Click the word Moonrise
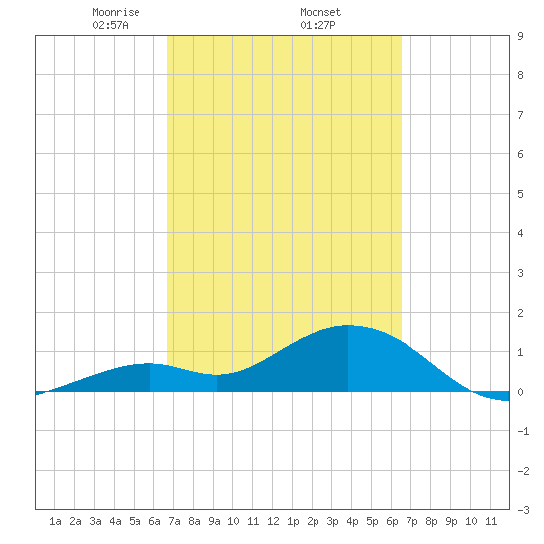click(x=116, y=12)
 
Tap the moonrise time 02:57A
click(x=110, y=25)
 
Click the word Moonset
click(x=320, y=12)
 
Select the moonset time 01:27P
click(x=317, y=25)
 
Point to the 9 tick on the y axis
click(x=520, y=36)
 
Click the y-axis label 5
click(x=520, y=194)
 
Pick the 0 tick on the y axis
click(x=520, y=392)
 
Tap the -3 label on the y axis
click(x=523, y=510)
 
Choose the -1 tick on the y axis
click(x=523, y=431)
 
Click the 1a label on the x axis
click(x=55, y=521)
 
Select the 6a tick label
click(x=154, y=521)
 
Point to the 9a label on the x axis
click(x=214, y=521)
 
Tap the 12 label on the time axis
click(x=273, y=521)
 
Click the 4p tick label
click(x=352, y=521)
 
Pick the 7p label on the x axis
click(x=411, y=521)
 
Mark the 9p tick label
click(x=451, y=521)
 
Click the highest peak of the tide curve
click(x=348, y=325)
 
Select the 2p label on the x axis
click(x=313, y=521)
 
